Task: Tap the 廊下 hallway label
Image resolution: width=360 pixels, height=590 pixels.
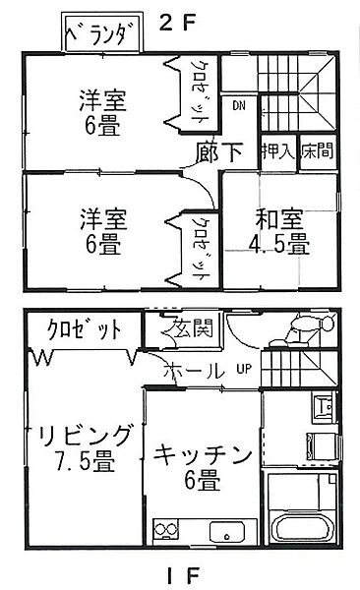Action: [x=220, y=152]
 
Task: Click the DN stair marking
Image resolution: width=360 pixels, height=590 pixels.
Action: [x=239, y=105]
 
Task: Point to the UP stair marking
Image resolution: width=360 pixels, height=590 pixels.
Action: [x=243, y=370]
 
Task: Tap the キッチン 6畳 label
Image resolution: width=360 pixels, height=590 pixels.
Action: [x=205, y=467]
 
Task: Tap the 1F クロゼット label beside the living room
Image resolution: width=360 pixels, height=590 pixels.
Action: [x=75, y=328]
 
